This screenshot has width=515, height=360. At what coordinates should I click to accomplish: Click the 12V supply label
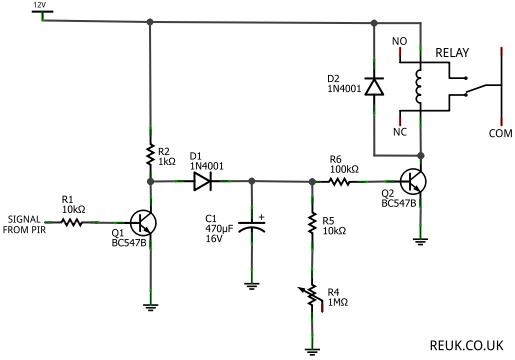41,5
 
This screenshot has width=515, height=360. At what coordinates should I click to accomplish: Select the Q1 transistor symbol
143,223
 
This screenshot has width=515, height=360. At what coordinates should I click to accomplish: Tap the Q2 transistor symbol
413,182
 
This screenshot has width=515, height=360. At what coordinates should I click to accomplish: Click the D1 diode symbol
203,182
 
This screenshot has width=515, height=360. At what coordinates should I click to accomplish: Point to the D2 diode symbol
374,86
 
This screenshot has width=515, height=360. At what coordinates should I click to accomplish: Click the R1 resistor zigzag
71,222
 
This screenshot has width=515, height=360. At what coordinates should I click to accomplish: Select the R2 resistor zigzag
150,155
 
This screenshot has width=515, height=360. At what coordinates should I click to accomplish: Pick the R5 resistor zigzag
312,223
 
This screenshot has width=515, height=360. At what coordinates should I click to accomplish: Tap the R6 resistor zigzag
339,182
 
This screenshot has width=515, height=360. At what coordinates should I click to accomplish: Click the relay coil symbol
418,86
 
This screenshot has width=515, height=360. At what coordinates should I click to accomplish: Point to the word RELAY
452,53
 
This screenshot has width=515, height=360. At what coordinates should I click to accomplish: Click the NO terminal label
399,41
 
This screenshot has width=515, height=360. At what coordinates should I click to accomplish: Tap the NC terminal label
400,132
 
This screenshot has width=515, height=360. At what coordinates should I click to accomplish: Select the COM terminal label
500,133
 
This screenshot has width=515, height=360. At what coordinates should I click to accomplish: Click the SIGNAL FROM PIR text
24,224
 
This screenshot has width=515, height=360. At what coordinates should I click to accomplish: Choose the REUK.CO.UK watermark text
466,345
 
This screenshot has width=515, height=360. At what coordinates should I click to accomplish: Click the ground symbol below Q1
150,307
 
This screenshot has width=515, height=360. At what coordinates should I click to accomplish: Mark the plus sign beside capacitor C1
262,217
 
